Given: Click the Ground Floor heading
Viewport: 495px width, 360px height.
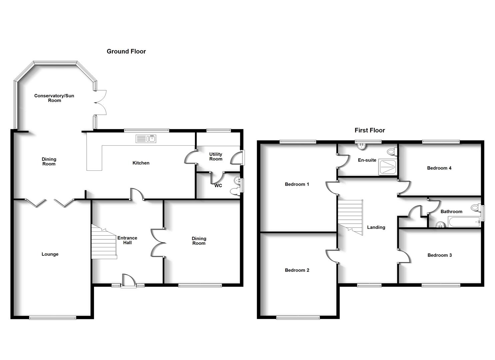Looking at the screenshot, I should tap(126, 51).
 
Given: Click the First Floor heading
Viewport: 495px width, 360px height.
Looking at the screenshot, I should tap(370, 130).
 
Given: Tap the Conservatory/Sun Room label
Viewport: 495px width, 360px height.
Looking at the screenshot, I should tap(54, 98).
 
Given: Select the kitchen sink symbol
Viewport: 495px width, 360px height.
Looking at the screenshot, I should tap(146, 139).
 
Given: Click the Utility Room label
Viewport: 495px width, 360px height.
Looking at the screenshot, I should tap(216, 157).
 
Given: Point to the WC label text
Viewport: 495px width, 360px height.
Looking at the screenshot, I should tap(218, 186).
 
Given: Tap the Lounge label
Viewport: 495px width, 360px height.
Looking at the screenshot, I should tap(50, 254).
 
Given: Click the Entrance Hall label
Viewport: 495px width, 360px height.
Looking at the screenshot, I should tap(127, 240).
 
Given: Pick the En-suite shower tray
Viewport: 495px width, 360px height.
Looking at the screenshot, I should tap(387, 167).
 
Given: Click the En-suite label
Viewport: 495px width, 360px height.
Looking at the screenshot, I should tap(367, 160).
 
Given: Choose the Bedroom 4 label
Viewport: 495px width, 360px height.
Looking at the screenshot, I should tap(439, 168).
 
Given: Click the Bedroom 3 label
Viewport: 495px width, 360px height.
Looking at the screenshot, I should tap(439, 255).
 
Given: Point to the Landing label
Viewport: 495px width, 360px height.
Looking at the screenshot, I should tap(376, 227).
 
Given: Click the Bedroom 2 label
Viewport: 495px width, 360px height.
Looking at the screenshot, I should tap(297, 270).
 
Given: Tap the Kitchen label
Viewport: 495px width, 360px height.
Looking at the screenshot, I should tap(141, 163).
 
